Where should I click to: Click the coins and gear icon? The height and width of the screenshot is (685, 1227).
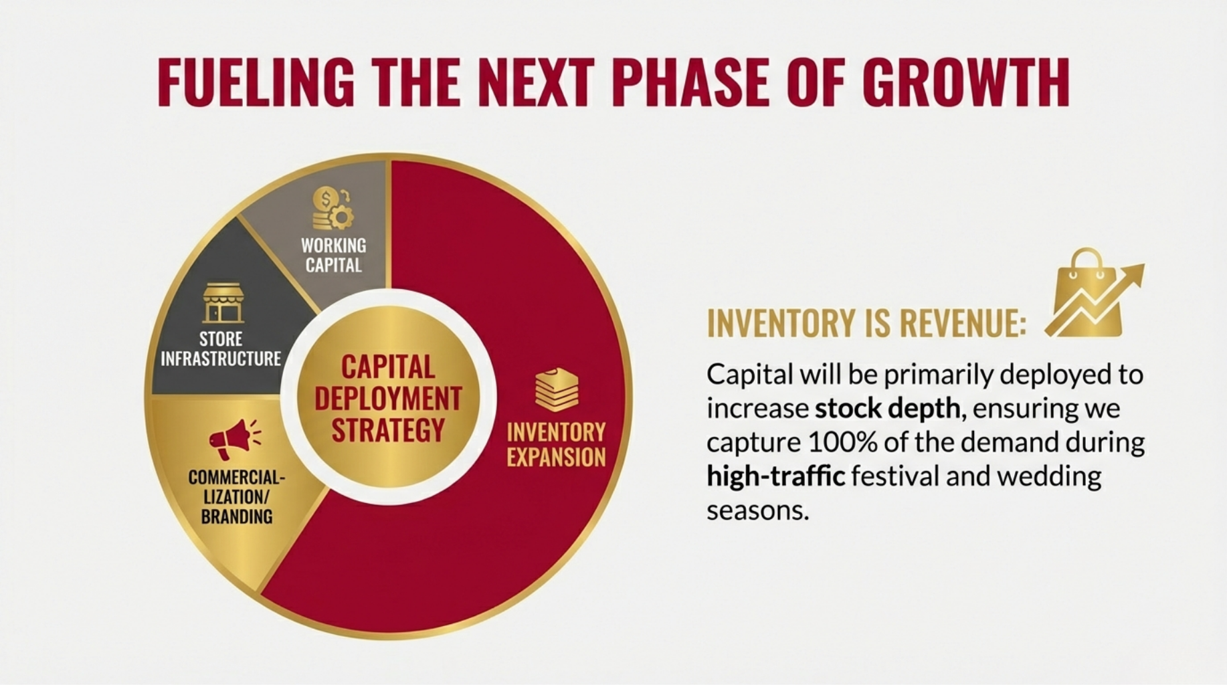pyautogui.click(x=333, y=209)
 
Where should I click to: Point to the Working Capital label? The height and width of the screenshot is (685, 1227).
pyautogui.click(x=333, y=255)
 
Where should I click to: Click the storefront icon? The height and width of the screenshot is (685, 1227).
pyautogui.click(x=223, y=303)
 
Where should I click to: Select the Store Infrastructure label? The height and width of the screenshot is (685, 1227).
pyautogui.click(x=221, y=349)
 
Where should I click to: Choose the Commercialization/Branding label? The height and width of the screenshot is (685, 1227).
pyautogui.click(x=236, y=496)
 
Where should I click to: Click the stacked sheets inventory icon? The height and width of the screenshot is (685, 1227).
pyautogui.click(x=556, y=390)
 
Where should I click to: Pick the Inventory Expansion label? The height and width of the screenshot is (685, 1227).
pyautogui.click(x=556, y=444)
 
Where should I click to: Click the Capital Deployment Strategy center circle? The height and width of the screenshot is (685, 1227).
pyautogui.click(x=388, y=397)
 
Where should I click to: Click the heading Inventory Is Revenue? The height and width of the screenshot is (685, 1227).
pyautogui.click(x=866, y=324)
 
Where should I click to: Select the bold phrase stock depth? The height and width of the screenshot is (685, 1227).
pyautogui.click(x=888, y=408)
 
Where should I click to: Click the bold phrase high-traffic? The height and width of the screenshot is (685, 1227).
pyautogui.click(x=775, y=476)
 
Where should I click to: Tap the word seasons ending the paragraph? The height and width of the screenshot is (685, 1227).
pyautogui.click(x=757, y=511)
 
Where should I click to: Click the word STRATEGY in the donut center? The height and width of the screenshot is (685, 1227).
pyautogui.click(x=388, y=430)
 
